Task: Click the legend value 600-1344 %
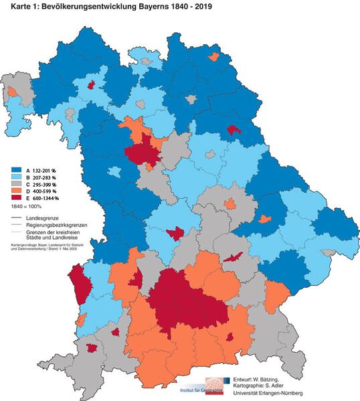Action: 46,199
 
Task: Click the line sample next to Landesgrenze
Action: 16,218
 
